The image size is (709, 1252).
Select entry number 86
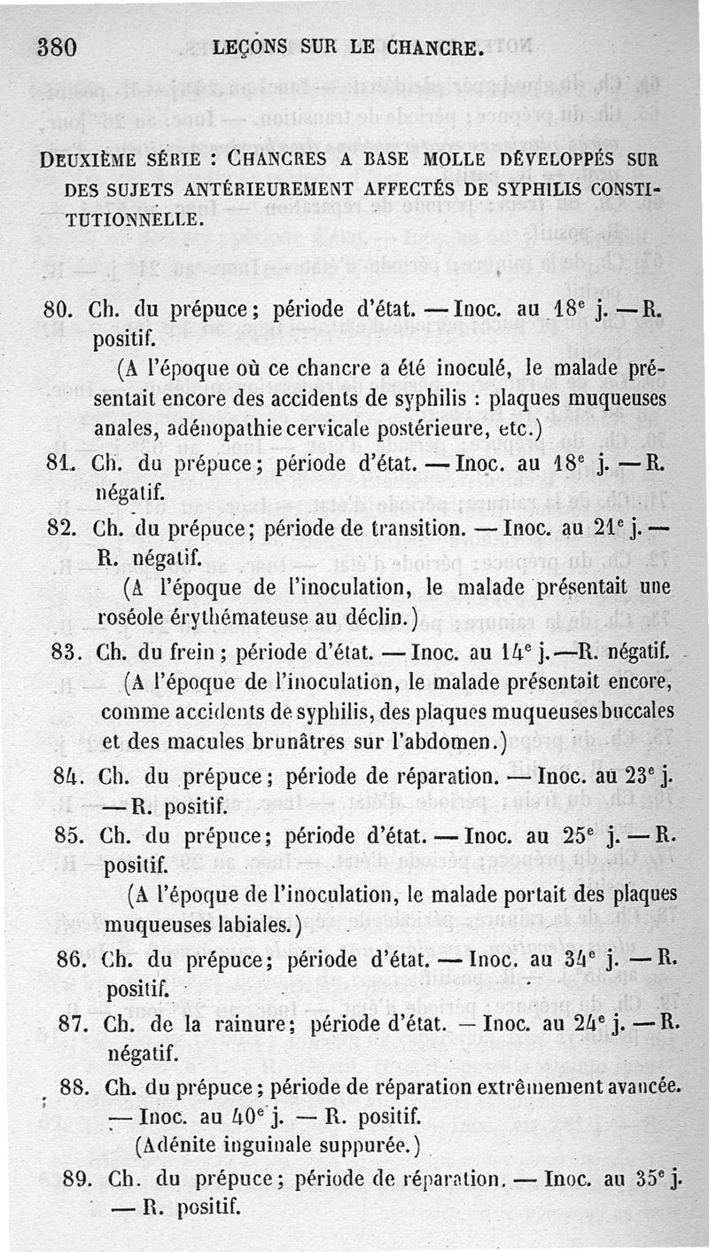71,959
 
